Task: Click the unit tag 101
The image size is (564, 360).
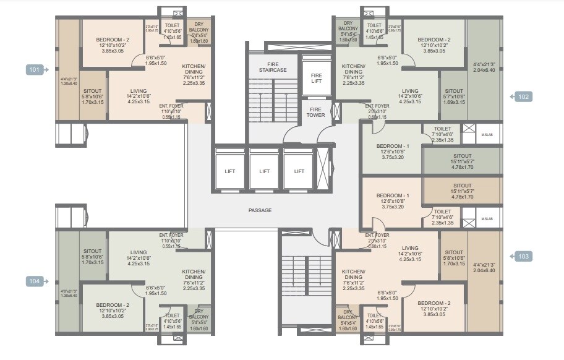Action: click(35, 70)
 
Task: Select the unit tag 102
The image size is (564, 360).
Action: click(523, 96)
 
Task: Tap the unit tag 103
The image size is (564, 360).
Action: click(523, 256)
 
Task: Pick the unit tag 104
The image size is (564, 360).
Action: click(35, 281)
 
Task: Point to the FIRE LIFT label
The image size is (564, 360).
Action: click(316, 78)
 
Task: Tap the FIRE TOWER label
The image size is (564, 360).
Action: click(316, 112)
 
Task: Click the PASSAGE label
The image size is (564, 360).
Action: click(260, 211)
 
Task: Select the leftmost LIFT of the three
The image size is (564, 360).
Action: click(230, 171)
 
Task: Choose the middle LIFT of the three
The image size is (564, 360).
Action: click(265, 171)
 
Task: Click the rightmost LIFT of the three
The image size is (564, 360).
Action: click(299, 171)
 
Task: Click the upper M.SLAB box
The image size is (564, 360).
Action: click(487, 134)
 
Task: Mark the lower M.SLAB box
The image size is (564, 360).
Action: click(487, 218)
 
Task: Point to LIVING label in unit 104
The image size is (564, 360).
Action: click(139, 252)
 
